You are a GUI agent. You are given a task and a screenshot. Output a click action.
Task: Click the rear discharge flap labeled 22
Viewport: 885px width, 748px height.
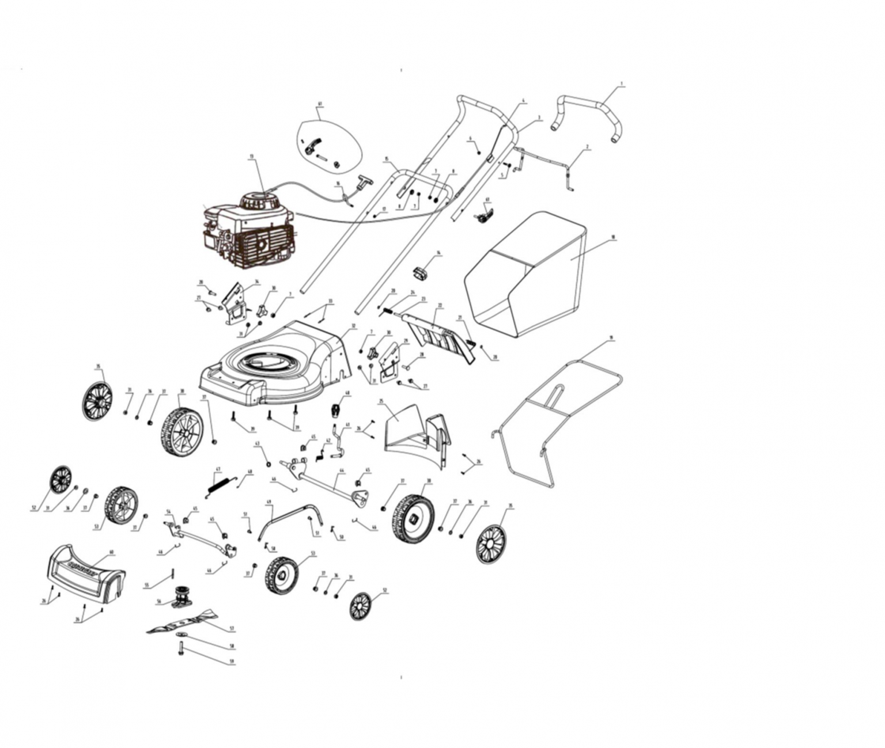click(x=441, y=334)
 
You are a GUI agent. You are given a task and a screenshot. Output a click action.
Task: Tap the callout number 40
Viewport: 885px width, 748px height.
click(x=111, y=552)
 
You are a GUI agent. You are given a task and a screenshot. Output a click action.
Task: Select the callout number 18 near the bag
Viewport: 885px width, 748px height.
click(x=613, y=237)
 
